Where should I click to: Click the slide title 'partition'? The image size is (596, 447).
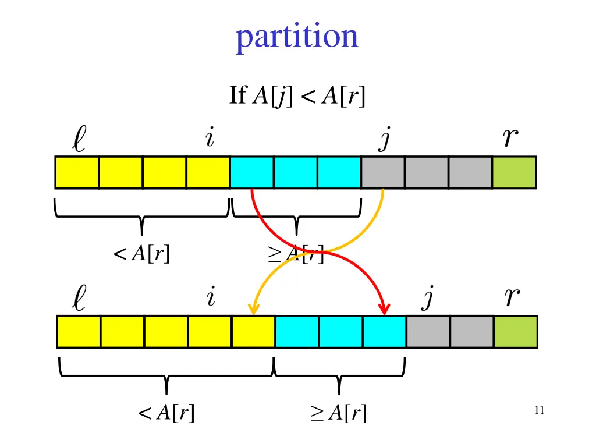pyautogui.click(x=297, y=37)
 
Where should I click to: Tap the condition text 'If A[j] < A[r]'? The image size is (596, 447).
pyautogui.click(x=297, y=96)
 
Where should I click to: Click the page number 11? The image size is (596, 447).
pyautogui.click(x=538, y=411)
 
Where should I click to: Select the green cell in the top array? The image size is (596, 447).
pyautogui.click(x=514, y=172)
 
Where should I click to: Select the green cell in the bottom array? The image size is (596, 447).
pyautogui.click(x=516, y=332)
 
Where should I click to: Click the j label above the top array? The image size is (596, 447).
pyautogui.click(x=383, y=140)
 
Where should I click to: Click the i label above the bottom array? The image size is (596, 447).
pyautogui.click(x=211, y=299)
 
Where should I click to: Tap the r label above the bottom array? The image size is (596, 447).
pyautogui.click(x=512, y=298)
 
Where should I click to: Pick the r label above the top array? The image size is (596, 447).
pyautogui.click(x=510, y=139)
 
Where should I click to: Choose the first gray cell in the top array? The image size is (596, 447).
pyautogui.click(x=383, y=172)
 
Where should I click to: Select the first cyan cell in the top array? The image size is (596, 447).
pyautogui.click(x=252, y=172)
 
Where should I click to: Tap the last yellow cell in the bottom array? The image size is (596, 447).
pyautogui.click(x=253, y=332)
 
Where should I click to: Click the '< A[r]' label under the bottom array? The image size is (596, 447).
pyautogui.click(x=166, y=413)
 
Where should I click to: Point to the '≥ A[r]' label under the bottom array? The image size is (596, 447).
pyautogui.click(x=339, y=413)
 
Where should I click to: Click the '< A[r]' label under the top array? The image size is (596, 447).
pyautogui.click(x=142, y=254)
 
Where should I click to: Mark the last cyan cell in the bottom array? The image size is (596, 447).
pyautogui.click(x=384, y=332)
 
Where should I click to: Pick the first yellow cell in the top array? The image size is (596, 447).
pyautogui.click(x=77, y=172)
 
